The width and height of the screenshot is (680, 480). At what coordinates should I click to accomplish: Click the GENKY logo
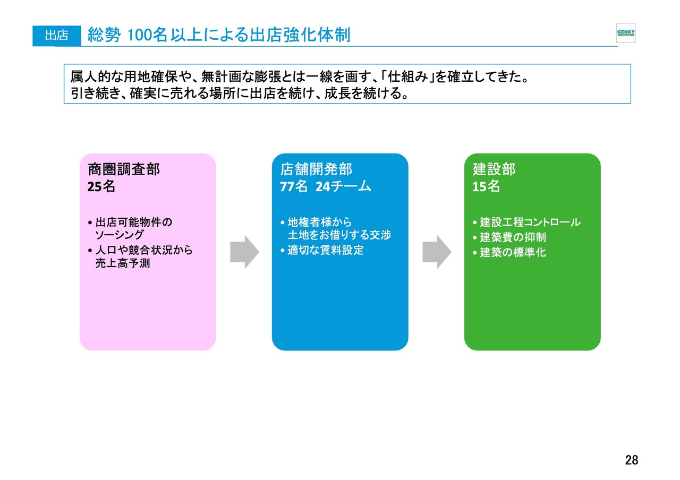point(626,33)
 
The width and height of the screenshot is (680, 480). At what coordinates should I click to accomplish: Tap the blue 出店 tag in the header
point(57,36)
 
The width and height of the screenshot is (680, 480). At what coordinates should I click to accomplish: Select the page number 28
point(632,460)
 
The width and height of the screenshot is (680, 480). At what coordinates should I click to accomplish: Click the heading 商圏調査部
point(124,169)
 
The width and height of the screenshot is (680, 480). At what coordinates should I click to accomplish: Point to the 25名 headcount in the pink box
point(101,186)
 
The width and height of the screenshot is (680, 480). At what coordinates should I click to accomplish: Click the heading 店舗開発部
point(316,169)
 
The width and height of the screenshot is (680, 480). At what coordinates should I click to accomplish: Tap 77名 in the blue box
point(294,186)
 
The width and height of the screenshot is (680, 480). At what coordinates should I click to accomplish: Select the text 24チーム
point(343,186)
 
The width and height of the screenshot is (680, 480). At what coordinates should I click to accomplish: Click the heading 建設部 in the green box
point(494,169)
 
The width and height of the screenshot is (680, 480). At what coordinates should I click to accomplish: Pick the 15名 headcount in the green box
point(486,186)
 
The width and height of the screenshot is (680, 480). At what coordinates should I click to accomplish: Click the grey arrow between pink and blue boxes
point(244,252)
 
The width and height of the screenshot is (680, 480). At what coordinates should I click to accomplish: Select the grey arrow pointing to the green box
point(437,252)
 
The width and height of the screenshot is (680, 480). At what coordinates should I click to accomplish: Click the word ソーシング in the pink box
point(119,235)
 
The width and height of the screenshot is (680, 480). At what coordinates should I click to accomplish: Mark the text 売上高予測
point(123,263)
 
